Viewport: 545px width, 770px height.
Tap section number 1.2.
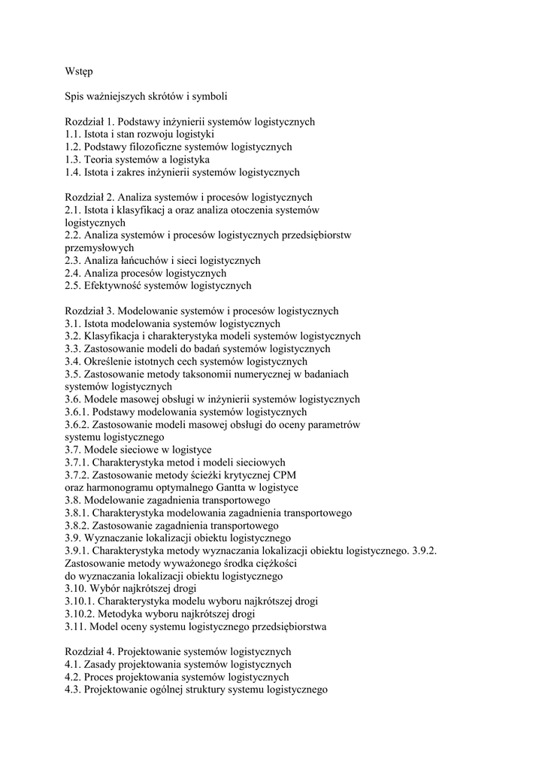click(x=73, y=147)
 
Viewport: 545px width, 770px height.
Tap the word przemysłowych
click(x=99, y=247)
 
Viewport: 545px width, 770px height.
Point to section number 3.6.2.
click(x=78, y=424)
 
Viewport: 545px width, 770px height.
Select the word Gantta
click(x=213, y=487)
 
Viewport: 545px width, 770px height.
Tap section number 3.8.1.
click(x=78, y=513)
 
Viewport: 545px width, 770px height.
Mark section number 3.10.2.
click(x=80, y=614)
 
